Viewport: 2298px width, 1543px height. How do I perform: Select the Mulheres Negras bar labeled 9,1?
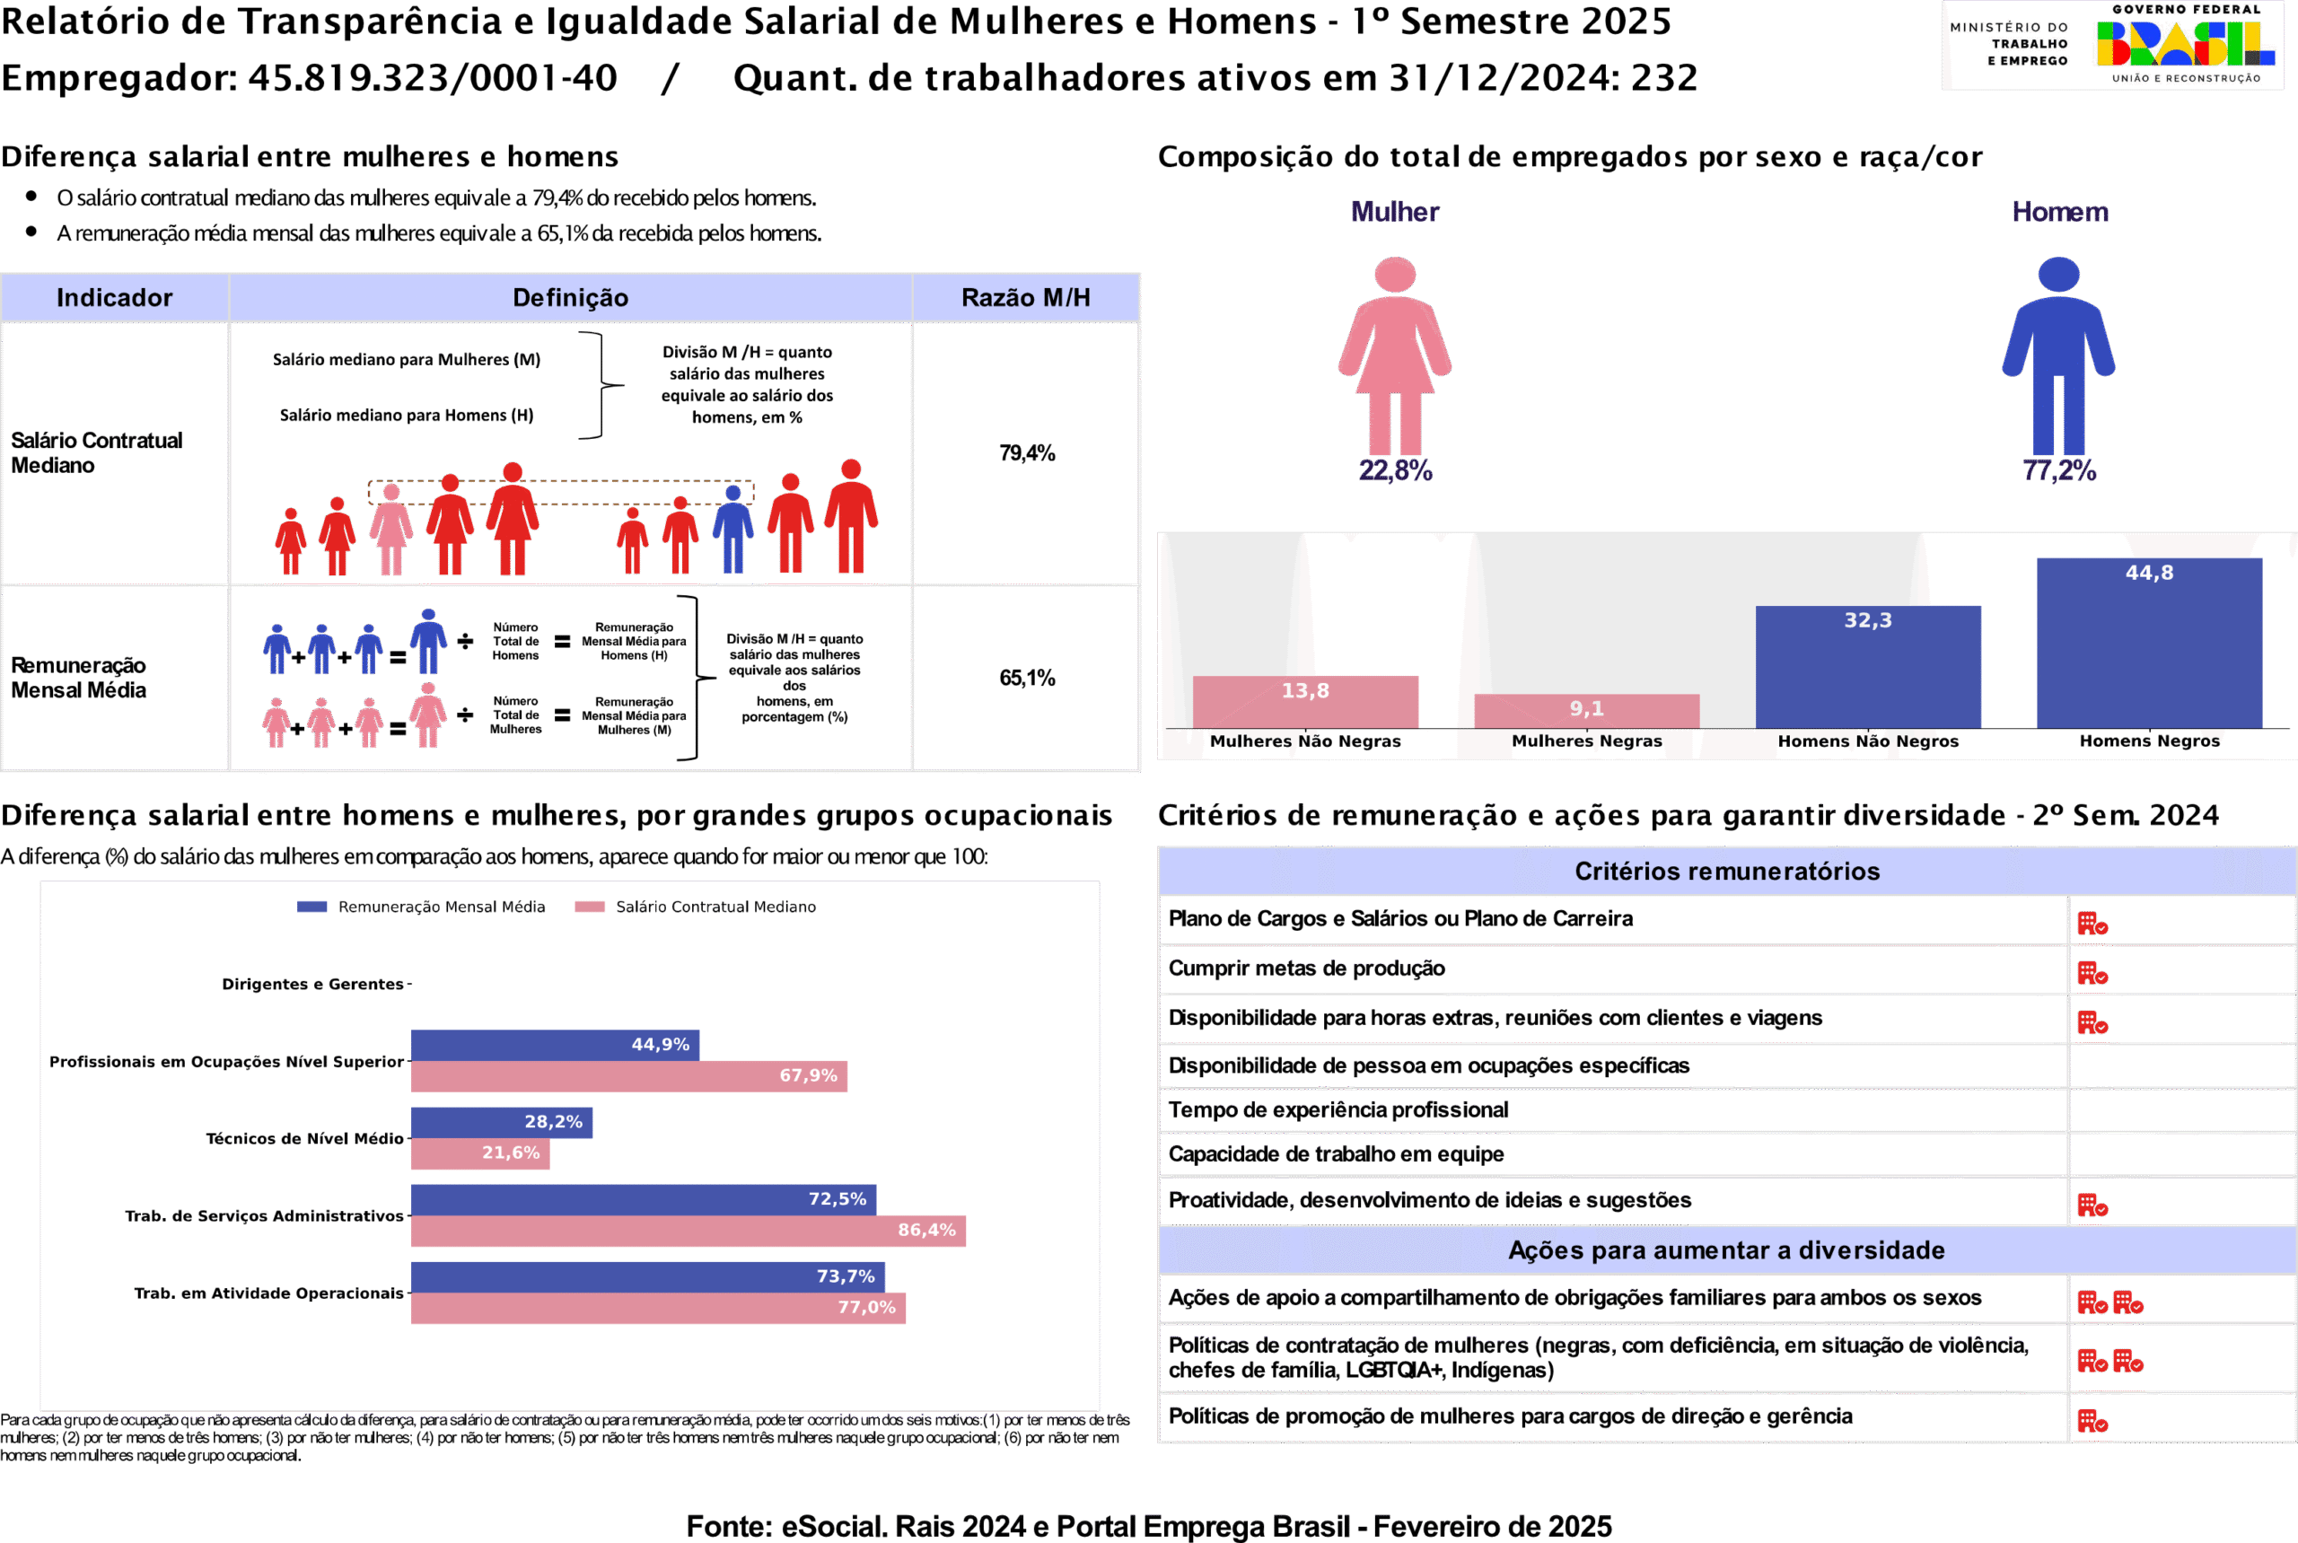pyautogui.click(x=1586, y=711)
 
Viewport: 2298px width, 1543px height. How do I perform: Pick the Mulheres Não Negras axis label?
pyautogui.click(x=1305, y=741)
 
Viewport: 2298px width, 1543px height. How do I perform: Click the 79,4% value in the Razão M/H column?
pyautogui.click(x=1027, y=453)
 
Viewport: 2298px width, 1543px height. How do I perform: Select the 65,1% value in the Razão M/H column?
pyautogui.click(x=1027, y=678)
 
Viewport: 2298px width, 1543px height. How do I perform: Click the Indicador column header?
pyautogui.click(x=114, y=297)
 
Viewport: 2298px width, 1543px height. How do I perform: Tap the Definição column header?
pyautogui.click(x=570, y=297)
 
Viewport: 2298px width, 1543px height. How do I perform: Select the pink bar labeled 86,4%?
pyautogui.click(x=688, y=1230)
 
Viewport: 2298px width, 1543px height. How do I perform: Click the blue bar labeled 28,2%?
pyautogui.click(x=501, y=1122)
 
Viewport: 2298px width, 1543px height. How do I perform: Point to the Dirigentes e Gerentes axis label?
pyautogui.click(x=312, y=984)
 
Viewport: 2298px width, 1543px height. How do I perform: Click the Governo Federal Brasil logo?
pyautogui.click(x=2184, y=44)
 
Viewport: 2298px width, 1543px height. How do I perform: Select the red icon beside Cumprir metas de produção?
pyautogui.click(x=2092, y=973)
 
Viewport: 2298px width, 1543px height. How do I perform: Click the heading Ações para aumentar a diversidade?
pyautogui.click(x=1726, y=1249)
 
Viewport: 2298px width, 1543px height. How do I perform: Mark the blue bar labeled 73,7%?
pyautogui.click(x=647, y=1276)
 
